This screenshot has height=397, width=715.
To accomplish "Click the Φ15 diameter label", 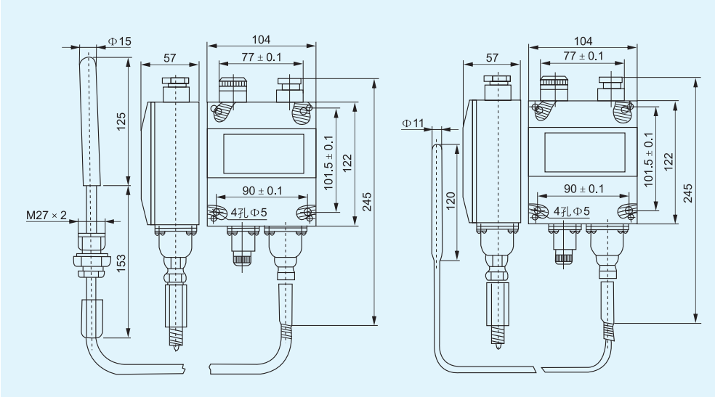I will (119, 41).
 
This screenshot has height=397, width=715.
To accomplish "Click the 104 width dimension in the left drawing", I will (261, 40).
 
